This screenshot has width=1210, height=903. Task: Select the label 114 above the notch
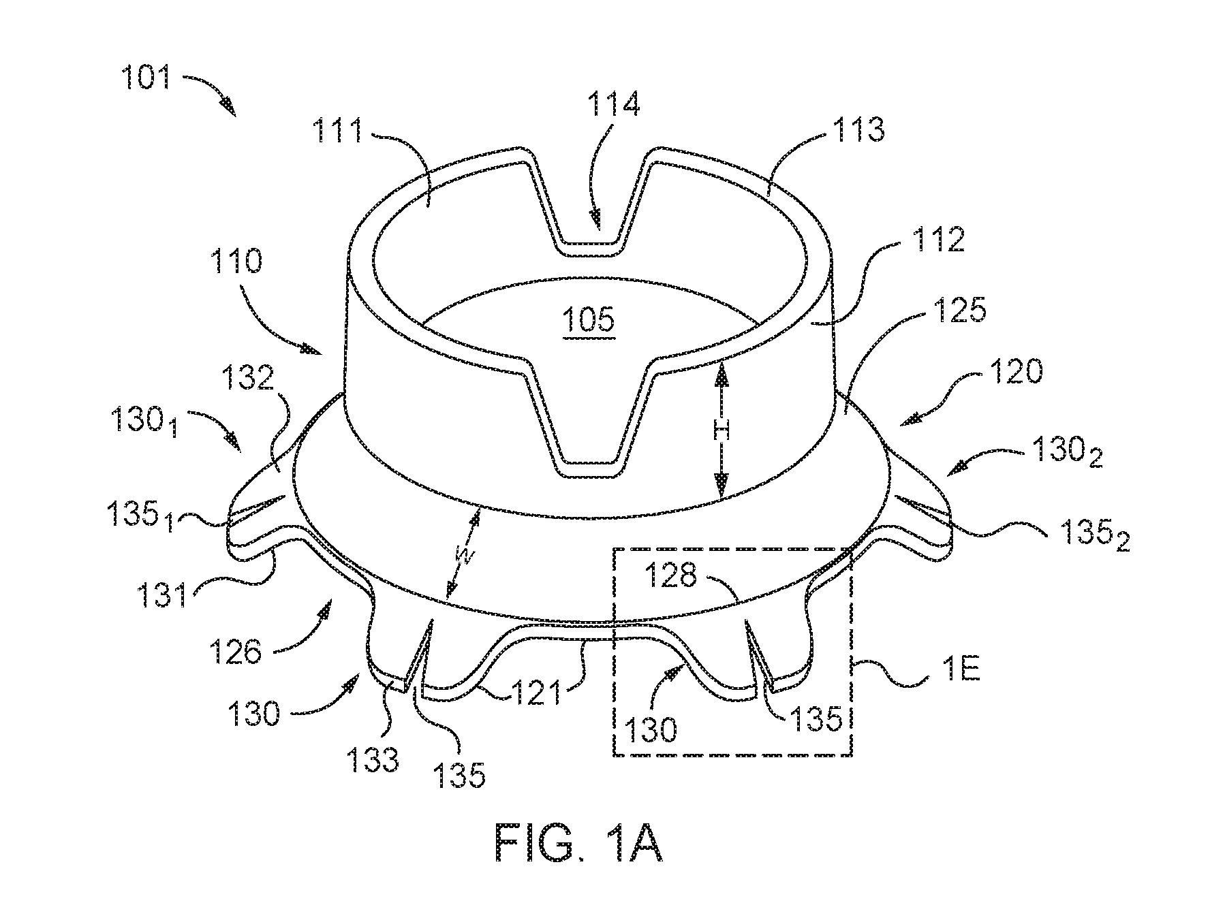614,106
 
